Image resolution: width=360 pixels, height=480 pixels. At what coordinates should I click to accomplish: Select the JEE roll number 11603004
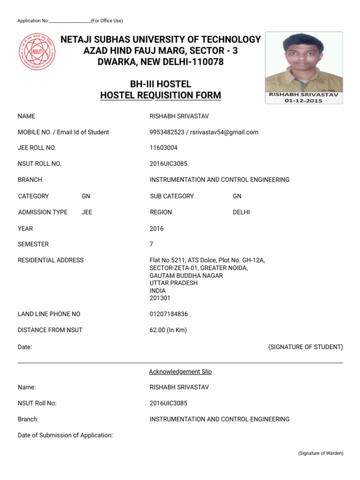click(164, 148)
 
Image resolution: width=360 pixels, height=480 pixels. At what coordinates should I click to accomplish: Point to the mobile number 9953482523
click(166, 132)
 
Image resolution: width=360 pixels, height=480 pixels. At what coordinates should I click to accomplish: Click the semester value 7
click(151, 244)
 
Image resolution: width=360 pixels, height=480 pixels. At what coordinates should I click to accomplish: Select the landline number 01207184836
click(169, 314)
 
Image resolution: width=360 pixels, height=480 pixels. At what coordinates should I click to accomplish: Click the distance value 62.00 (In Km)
click(168, 330)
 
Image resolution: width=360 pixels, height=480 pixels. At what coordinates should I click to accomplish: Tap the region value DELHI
click(241, 212)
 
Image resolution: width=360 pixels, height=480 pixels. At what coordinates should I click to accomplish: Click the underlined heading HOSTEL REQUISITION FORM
click(160, 96)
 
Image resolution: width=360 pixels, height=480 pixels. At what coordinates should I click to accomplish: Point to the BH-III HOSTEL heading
click(160, 84)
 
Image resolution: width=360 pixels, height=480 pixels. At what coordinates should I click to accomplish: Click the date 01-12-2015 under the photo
click(304, 100)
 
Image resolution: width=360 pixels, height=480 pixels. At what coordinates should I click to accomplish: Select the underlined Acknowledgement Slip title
click(180, 372)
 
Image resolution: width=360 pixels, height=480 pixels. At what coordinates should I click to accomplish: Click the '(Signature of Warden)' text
click(321, 453)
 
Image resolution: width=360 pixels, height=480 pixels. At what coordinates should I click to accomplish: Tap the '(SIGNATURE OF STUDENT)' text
click(305, 347)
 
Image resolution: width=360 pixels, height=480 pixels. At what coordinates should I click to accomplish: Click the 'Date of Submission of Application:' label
click(65, 435)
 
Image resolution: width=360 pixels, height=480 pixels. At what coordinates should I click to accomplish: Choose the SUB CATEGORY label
click(172, 196)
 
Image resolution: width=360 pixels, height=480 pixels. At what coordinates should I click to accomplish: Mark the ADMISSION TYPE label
click(43, 212)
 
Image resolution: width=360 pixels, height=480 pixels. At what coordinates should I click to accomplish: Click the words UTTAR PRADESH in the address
click(173, 283)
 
